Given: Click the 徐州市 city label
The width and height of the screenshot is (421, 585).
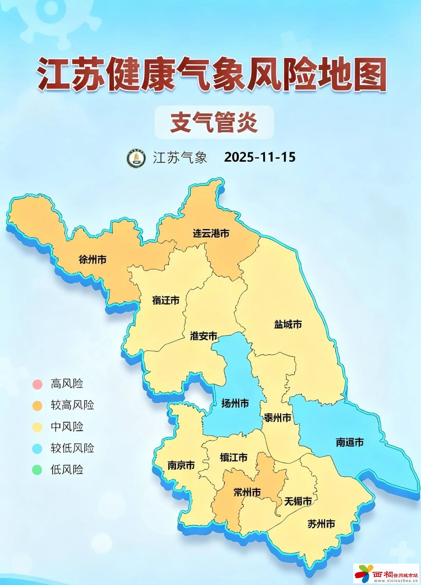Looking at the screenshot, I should tap(92, 259).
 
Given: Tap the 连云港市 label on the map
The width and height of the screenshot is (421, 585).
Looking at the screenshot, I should tap(211, 233).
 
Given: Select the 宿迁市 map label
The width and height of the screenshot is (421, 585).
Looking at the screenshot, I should tap(166, 300).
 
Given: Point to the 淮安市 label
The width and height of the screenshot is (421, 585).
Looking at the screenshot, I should tap(204, 336).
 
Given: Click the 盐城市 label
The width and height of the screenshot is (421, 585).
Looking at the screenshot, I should tap(288, 325).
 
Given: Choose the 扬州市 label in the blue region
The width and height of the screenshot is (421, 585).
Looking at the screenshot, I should tap(235, 403).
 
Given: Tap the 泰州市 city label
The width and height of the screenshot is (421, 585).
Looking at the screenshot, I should tap(278, 418).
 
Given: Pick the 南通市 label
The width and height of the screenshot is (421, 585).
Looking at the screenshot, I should tap(350, 442).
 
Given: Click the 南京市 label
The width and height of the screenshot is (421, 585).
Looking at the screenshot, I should tap(181, 465).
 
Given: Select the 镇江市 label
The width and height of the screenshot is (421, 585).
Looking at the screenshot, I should tap(234, 457).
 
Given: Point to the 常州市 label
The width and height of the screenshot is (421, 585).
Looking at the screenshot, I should tap(247, 492).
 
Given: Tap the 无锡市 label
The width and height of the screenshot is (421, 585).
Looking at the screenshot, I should tap(298, 501).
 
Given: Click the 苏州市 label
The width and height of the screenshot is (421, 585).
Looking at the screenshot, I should tap(321, 524).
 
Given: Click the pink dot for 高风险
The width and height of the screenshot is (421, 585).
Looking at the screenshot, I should tap(37, 384).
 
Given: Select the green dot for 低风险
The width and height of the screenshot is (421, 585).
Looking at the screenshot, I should tap(37, 470).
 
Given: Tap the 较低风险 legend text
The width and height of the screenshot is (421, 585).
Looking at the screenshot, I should tap(72, 448).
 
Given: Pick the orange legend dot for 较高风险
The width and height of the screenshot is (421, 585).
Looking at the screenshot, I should tap(37, 405).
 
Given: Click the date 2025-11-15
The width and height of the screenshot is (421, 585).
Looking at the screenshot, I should tap(260, 157).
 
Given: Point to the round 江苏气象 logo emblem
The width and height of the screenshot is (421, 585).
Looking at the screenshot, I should tap(136, 158).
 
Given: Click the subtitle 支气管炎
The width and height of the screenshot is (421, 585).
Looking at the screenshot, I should tap(214, 122).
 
